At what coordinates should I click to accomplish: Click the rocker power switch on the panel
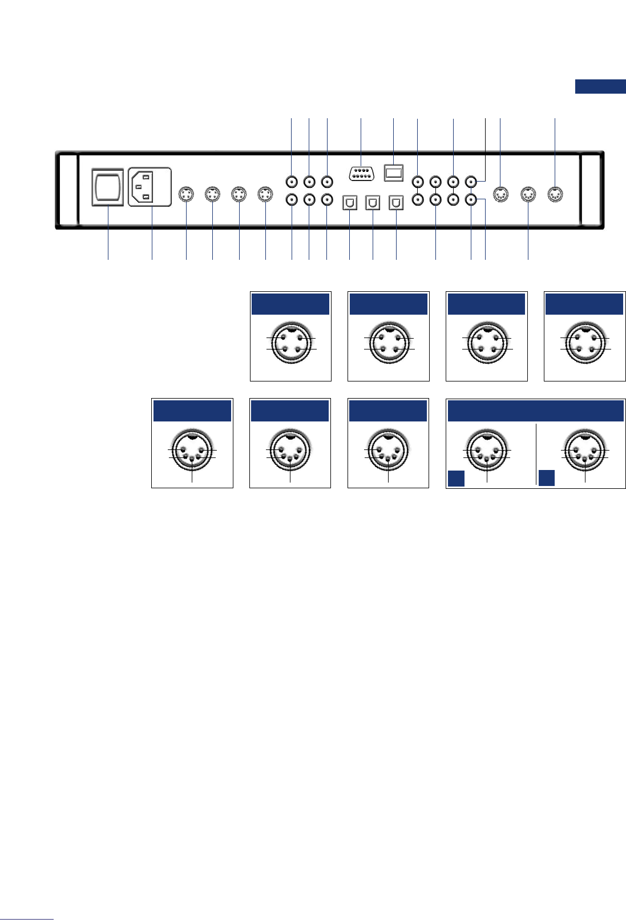pos(108,186)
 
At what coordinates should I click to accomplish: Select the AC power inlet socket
pos(150,186)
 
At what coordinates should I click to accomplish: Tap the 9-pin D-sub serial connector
pos(361,173)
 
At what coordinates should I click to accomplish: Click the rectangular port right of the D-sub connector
pos(394,172)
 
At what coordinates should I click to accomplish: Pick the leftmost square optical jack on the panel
pos(350,202)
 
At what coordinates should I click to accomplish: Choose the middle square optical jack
pos(373,202)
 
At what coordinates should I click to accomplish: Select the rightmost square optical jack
pos(396,202)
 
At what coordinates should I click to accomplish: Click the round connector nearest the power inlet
pos(187,194)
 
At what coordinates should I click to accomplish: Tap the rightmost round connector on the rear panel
pos(555,194)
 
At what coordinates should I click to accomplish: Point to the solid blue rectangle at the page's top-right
pos(600,86)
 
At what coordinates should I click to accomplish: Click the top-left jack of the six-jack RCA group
pos(292,182)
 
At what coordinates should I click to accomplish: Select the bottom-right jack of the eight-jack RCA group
pos(471,200)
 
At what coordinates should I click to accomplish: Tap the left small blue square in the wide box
pos(456,478)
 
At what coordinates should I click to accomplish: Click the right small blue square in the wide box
pos(547,478)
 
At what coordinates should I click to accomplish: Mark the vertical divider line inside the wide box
pos(536,454)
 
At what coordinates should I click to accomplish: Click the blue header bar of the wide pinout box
pos(535,411)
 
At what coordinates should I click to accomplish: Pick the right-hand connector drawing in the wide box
pos(585,449)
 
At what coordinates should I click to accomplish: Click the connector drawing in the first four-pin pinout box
pos(291,343)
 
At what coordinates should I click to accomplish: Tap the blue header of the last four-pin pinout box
pos(584,304)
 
